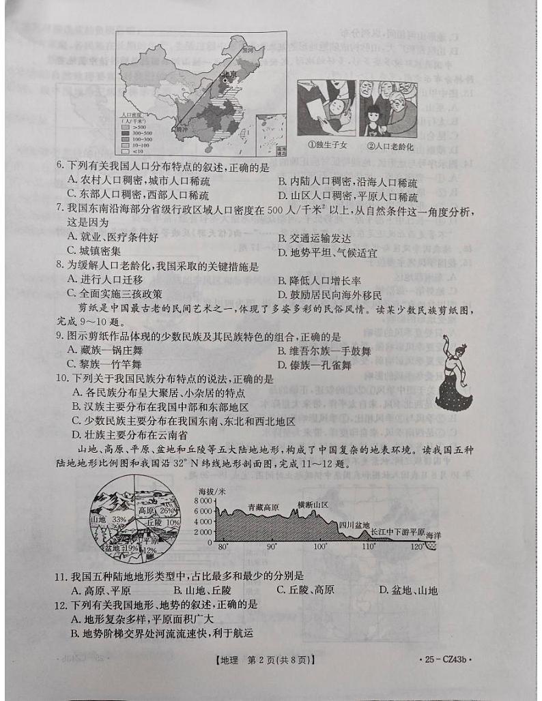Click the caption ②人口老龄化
tap(391, 145)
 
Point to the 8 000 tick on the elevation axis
tap(205, 500)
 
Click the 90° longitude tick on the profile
tap(271, 548)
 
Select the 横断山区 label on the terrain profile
tap(313, 505)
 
